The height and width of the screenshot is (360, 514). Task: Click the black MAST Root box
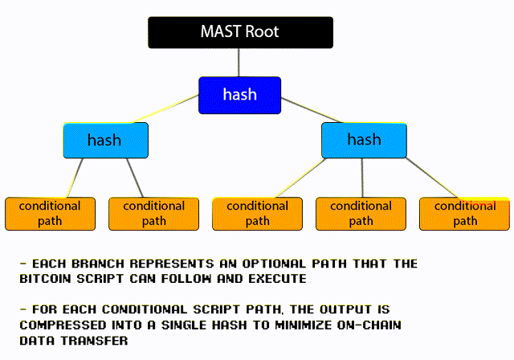pos(239,33)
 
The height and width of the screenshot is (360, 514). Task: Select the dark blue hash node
pos(239,95)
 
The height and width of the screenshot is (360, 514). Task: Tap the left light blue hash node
pos(105,140)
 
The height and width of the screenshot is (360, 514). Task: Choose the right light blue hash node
pos(364,140)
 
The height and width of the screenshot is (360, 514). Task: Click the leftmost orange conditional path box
pos(50,213)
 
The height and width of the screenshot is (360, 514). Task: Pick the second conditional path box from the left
pos(153,213)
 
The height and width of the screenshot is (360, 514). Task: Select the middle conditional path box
pos(257,213)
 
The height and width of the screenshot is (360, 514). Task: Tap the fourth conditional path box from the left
pos(361,213)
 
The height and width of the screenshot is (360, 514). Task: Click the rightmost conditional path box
pos(464,213)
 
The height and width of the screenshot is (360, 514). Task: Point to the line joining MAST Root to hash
pos(239,63)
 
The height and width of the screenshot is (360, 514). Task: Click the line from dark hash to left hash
pos(173,109)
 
